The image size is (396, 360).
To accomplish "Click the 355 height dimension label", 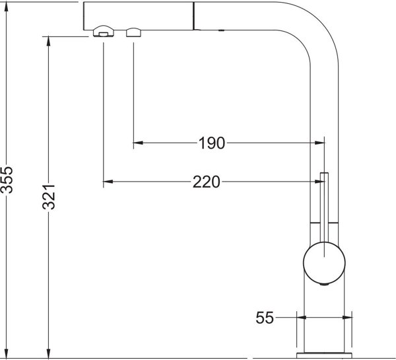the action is click(7, 180).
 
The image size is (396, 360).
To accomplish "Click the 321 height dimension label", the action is click(48, 198).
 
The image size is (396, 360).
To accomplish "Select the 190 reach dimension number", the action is click(212, 143).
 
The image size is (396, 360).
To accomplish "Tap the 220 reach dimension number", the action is click(206, 182).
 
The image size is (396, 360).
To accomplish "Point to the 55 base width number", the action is click(265, 318).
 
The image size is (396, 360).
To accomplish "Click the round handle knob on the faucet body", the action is click(324, 263).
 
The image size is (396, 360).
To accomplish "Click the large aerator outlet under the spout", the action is click(104, 31).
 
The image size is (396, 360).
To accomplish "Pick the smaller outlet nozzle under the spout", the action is click(133, 32).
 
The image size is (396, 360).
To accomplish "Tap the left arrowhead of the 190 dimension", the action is click(138, 143).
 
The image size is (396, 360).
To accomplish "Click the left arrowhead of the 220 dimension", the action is click(108, 182).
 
